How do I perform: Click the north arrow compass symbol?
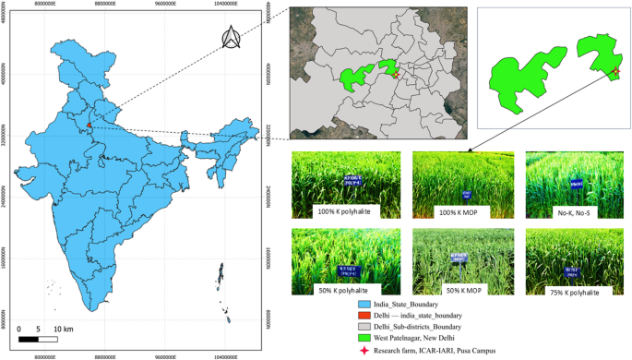pyautogui.click(x=232, y=38)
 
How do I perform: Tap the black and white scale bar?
pyautogui.click(x=38, y=339)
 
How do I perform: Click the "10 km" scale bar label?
pyautogui.click(x=64, y=329)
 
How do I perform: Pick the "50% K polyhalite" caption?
pyautogui.click(x=338, y=289)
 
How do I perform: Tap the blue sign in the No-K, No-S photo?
pyautogui.click(x=576, y=184)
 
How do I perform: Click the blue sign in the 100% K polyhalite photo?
pyautogui.click(x=330, y=177)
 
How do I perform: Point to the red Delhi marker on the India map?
pyautogui.click(x=89, y=126)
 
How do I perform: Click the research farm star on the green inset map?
pyautogui.click(x=615, y=71)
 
